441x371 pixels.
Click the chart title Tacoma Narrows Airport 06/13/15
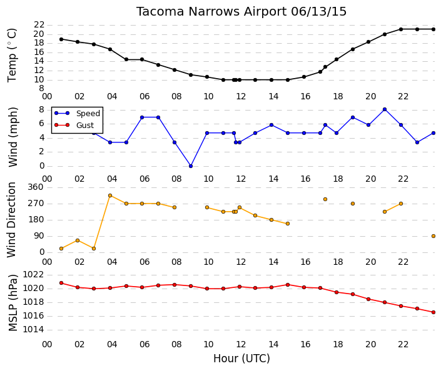click(x=241, y=12)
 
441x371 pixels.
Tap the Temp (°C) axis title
click(x=12, y=56)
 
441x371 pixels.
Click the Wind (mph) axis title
click(x=13, y=137)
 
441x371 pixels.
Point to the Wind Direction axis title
click(x=11, y=220)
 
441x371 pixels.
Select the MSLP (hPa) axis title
click(x=13, y=303)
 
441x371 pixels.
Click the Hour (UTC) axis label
click(x=241, y=359)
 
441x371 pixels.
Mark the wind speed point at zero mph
click(x=191, y=166)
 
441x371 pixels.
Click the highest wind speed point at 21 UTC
click(x=385, y=109)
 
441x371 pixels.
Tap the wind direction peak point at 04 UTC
click(x=110, y=195)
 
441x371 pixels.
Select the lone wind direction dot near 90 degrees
click(x=433, y=236)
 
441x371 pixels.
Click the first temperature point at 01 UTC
click(x=61, y=39)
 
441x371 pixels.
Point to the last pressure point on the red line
click(x=433, y=312)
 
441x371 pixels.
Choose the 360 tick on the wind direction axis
click(x=36, y=187)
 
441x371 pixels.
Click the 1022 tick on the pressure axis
click(x=33, y=274)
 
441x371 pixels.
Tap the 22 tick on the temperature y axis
click(x=39, y=25)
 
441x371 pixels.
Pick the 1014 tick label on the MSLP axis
click(x=33, y=329)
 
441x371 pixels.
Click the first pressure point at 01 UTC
click(x=61, y=283)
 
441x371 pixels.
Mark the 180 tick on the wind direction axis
click(x=36, y=220)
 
